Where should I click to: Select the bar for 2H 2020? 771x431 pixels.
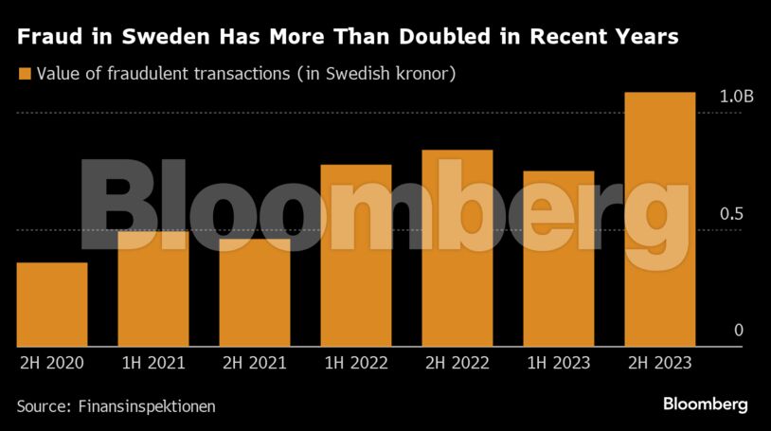click(52, 304)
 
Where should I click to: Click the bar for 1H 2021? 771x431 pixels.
click(153, 288)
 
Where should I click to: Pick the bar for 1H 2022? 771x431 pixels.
click(356, 256)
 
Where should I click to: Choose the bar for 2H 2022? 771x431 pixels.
click(457, 248)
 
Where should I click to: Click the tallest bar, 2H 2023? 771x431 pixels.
click(660, 219)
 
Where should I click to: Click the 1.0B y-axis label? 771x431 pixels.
click(736, 97)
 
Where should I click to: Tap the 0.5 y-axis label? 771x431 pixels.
click(731, 214)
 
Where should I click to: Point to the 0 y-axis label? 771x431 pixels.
click(739, 330)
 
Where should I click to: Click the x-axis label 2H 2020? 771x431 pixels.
click(51, 363)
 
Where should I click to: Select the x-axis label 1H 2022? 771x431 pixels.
click(355, 363)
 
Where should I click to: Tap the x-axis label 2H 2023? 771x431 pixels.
click(659, 363)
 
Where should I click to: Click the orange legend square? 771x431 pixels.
click(24, 73)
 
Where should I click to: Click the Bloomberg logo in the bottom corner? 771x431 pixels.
click(705, 404)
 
